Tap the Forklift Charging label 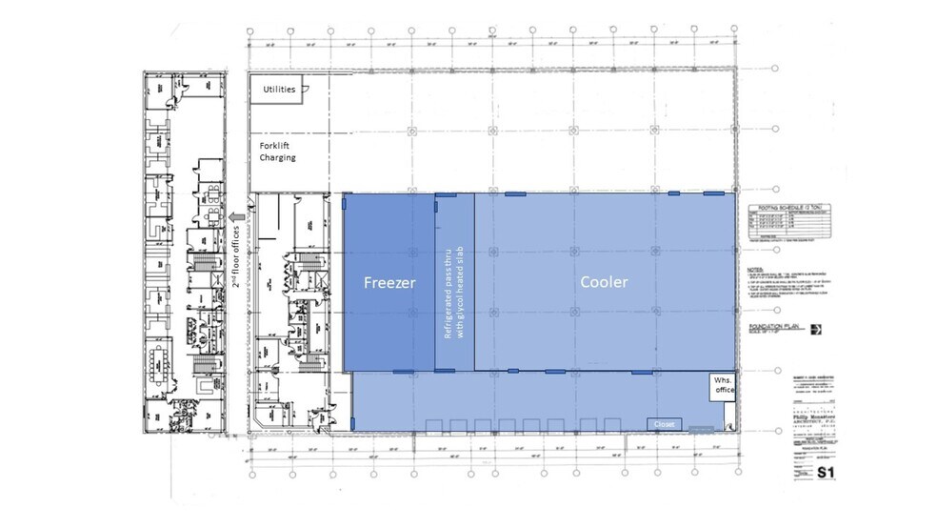tap(277, 152)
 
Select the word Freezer tap(389, 283)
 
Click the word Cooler tap(604, 283)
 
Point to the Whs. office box tap(719, 386)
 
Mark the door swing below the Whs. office tap(728, 410)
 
